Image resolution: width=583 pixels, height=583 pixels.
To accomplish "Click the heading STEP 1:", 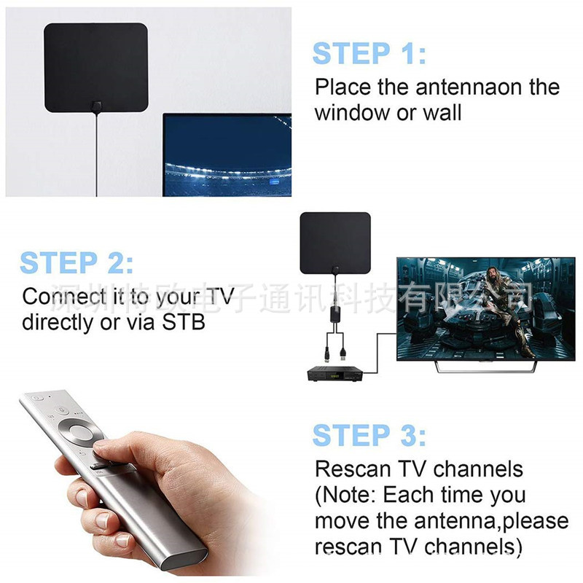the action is (369, 53).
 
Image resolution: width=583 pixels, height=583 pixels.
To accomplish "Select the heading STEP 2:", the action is (77, 263).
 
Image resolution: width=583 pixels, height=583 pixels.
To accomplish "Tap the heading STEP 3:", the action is (369, 435).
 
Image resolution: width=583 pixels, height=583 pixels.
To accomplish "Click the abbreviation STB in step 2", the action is (184, 322).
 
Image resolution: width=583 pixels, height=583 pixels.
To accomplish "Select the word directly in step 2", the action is (58, 323).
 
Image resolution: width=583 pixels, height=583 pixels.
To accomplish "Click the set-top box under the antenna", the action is (335, 375).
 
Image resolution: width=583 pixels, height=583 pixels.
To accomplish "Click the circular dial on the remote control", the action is (82, 433).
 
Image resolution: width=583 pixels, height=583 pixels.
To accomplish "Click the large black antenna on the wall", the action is (96, 68).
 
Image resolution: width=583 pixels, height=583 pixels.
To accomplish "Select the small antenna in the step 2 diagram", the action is (335, 243).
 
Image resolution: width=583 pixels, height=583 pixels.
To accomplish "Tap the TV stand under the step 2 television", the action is (485, 367).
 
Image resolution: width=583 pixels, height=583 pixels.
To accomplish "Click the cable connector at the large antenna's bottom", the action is (96, 107).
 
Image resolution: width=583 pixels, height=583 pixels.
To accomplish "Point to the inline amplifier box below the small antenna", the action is (335, 315).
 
